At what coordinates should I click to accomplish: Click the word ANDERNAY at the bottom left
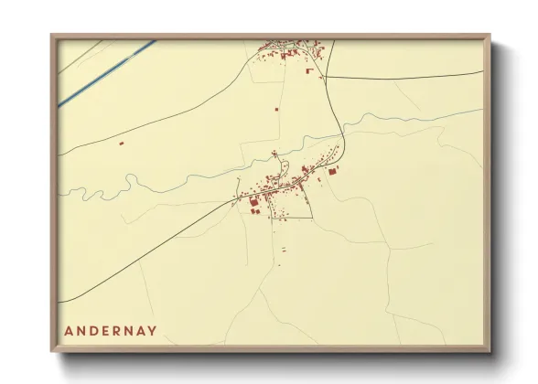coord(111,330)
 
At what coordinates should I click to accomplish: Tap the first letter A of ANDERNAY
coord(69,330)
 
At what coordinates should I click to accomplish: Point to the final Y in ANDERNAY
coord(153,330)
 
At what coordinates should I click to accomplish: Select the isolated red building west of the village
coord(122,143)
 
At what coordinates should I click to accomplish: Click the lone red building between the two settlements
coord(276,109)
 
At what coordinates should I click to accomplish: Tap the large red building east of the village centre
coord(332,171)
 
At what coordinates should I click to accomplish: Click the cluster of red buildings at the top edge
coord(291,51)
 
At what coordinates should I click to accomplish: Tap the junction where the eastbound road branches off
coord(326,76)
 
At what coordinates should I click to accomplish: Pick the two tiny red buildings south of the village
coord(283,248)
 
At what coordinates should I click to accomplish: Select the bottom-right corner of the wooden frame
coord(490,351)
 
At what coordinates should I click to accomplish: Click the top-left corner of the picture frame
coord(52,36)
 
